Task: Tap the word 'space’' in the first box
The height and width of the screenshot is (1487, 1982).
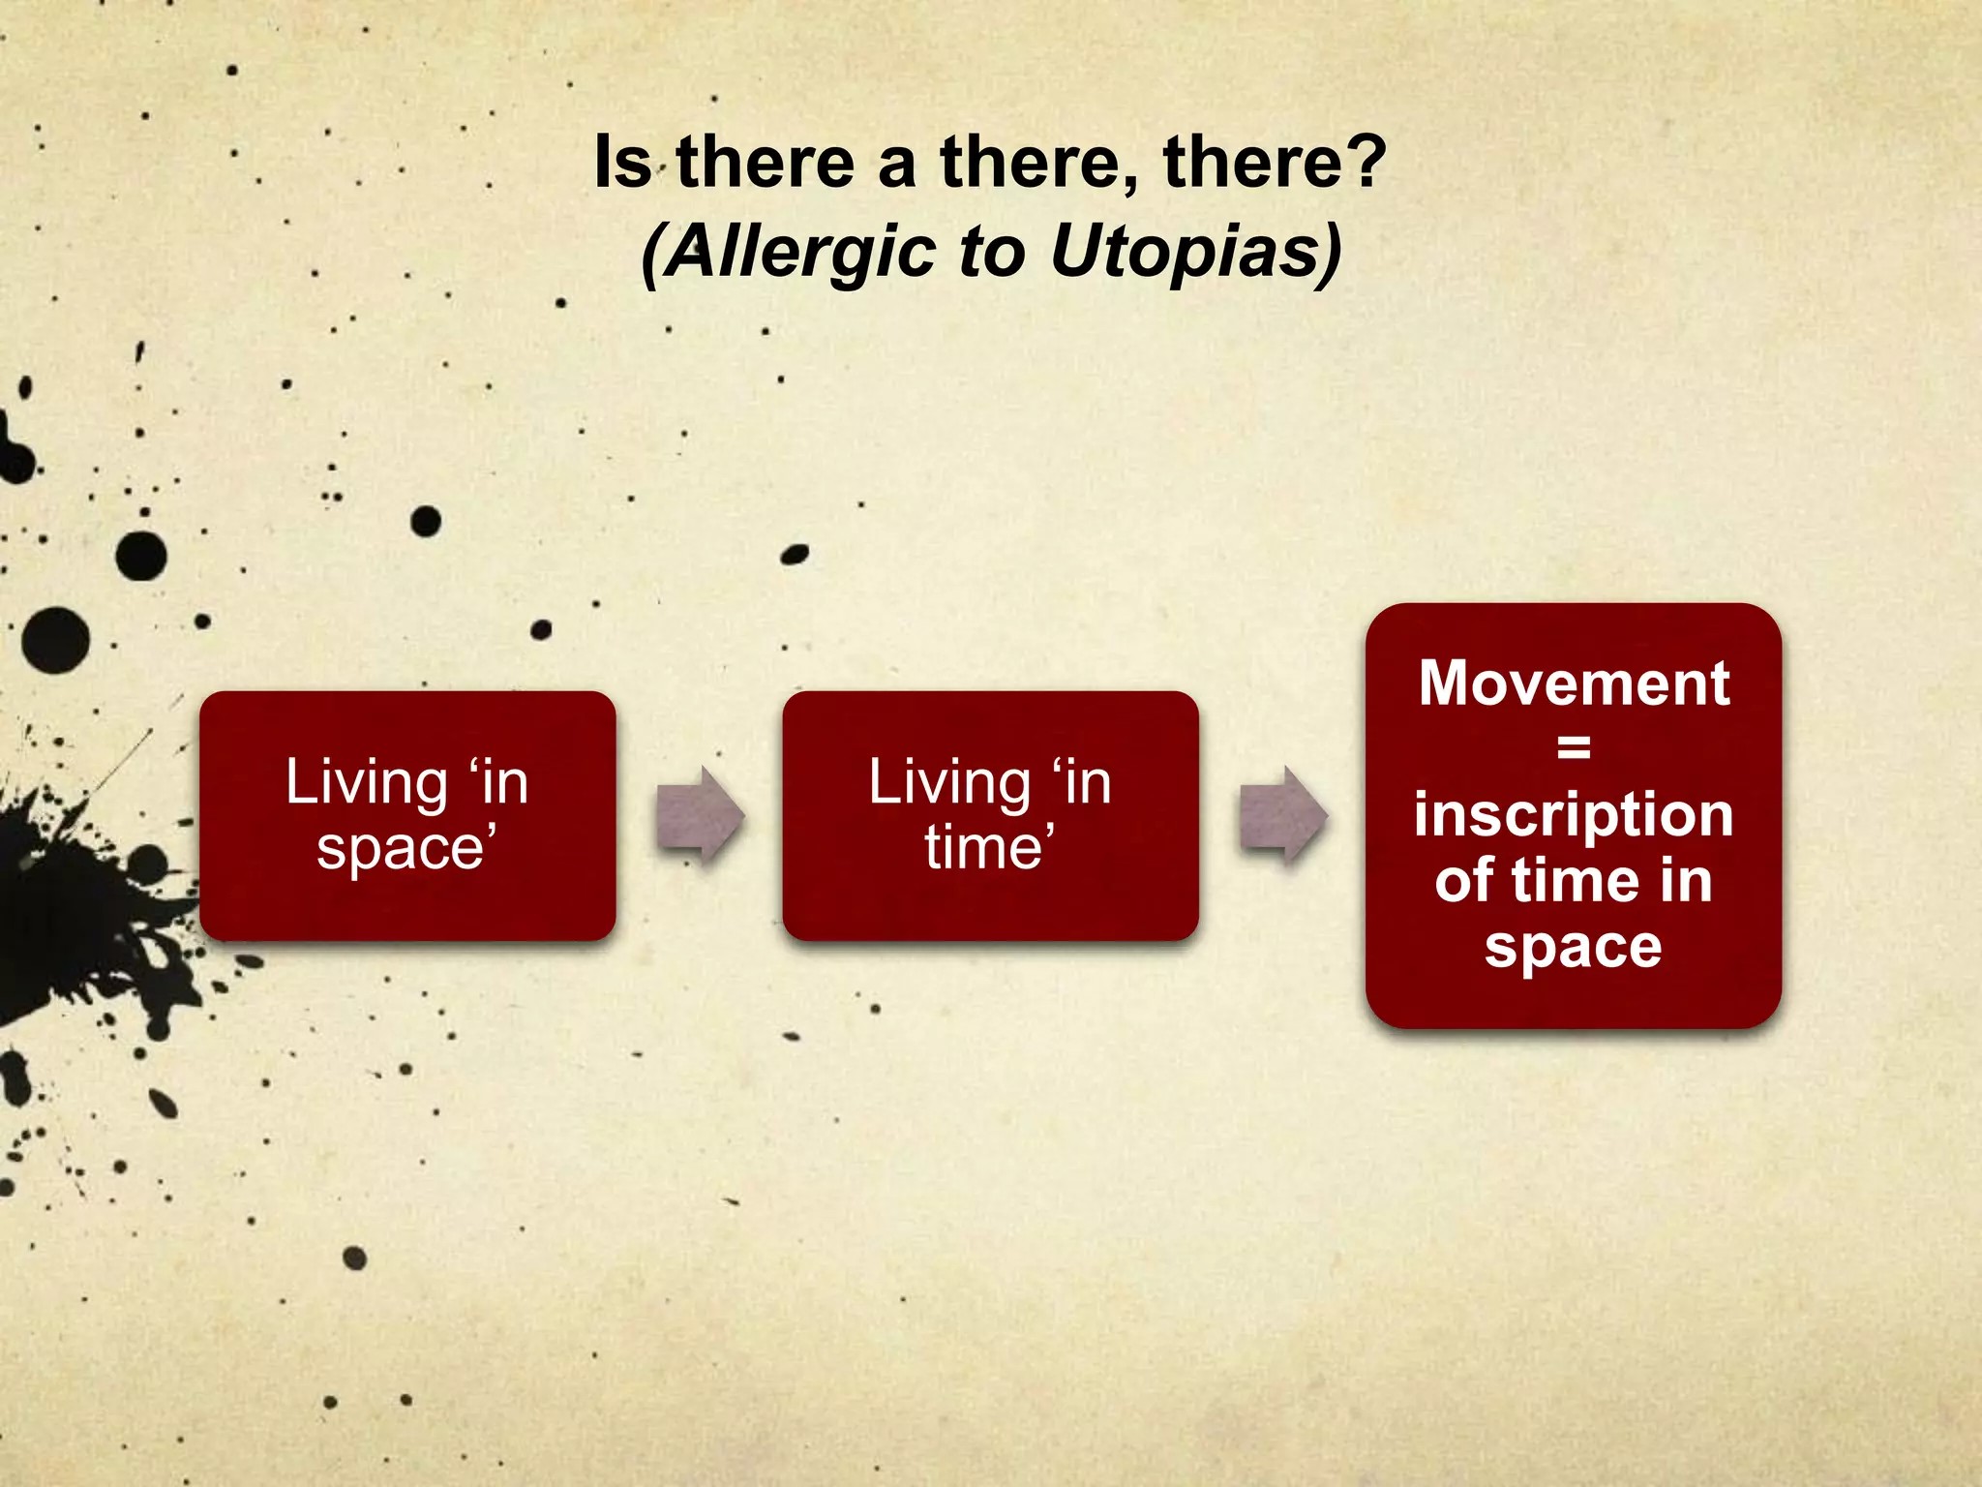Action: click(x=406, y=848)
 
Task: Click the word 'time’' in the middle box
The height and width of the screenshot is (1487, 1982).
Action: click(x=989, y=848)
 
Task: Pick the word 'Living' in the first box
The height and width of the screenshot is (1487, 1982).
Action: click(x=366, y=782)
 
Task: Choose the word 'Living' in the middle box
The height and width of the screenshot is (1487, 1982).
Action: click(x=949, y=782)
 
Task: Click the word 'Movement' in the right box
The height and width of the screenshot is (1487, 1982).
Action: click(x=1574, y=683)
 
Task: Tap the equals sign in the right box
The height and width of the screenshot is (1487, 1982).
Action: click(x=1574, y=747)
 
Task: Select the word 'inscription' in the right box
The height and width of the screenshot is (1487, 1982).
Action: click(x=1574, y=815)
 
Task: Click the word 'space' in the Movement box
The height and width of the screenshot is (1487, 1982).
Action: click(x=1574, y=947)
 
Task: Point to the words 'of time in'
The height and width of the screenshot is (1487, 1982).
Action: click(x=1574, y=881)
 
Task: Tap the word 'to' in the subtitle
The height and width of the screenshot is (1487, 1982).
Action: click(x=991, y=252)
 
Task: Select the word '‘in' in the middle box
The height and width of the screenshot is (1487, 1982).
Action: click(x=1080, y=782)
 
